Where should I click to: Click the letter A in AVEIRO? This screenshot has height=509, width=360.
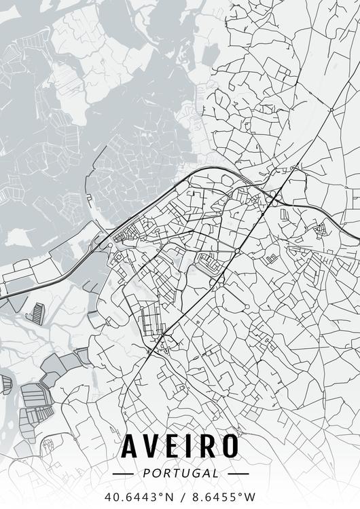132,446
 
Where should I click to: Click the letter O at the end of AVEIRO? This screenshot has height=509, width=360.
230,446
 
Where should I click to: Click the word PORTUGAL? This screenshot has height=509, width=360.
180,473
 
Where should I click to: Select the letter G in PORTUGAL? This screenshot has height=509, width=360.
194,473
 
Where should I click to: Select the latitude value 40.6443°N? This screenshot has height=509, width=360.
139,496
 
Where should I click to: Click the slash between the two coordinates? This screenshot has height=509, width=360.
181,496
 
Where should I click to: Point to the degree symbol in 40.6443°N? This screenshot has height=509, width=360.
162,493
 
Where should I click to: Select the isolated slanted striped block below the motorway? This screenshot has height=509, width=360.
35,312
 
